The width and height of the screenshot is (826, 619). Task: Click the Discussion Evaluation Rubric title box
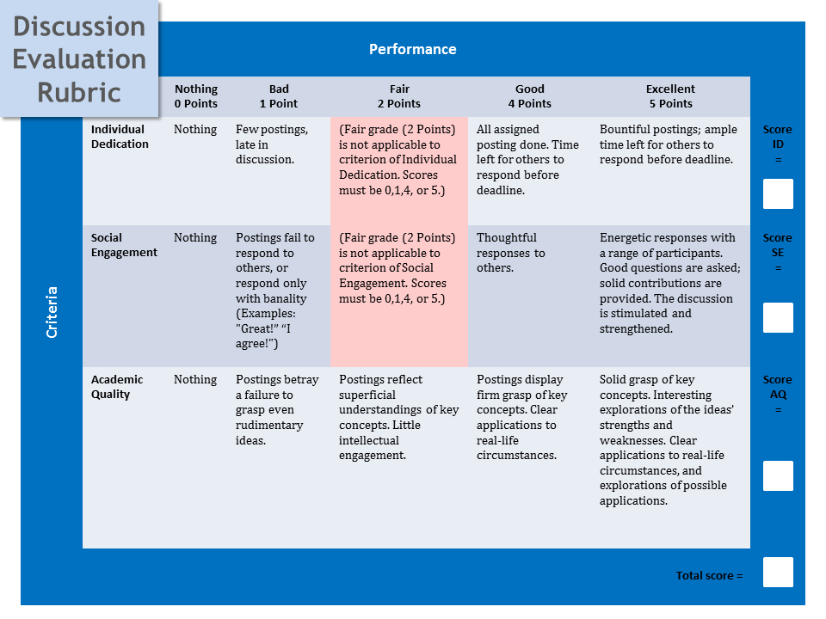click(x=79, y=58)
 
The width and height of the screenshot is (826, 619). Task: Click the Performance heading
click(x=412, y=49)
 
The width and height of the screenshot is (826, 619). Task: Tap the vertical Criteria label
click(x=52, y=312)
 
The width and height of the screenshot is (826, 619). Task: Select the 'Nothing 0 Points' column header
click(x=196, y=96)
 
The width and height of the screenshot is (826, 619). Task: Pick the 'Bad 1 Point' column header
click(x=279, y=96)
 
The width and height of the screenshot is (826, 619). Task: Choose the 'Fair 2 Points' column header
click(x=399, y=96)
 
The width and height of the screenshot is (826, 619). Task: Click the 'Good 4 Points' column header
click(x=530, y=96)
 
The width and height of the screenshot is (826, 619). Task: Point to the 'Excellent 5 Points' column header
click(x=670, y=96)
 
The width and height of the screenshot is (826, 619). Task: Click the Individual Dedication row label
click(x=120, y=137)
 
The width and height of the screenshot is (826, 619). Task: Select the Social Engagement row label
click(x=124, y=245)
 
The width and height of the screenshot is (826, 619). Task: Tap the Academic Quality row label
click(x=117, y=387)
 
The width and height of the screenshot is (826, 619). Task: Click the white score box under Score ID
click(x=778, y=193)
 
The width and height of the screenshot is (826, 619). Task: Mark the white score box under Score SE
click(x=778, y=317)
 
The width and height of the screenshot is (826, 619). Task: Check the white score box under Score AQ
click(x=778, y=475)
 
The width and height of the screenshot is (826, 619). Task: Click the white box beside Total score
click(x=778, y=573)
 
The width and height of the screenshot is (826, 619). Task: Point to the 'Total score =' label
click(x=709, y=576)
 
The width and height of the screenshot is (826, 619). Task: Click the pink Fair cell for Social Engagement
click(x=399, y=296)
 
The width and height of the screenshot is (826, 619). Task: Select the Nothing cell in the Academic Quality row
click(x=195, y=379)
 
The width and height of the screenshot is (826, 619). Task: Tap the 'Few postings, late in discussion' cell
click(x=272, y=144)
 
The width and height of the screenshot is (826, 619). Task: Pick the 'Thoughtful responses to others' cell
click(x=511, y=253)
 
